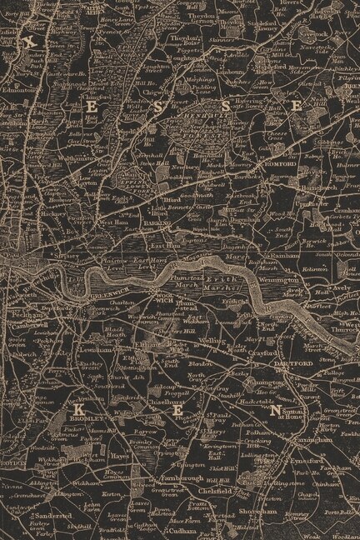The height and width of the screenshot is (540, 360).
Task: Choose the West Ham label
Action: (x=114, y=222)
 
